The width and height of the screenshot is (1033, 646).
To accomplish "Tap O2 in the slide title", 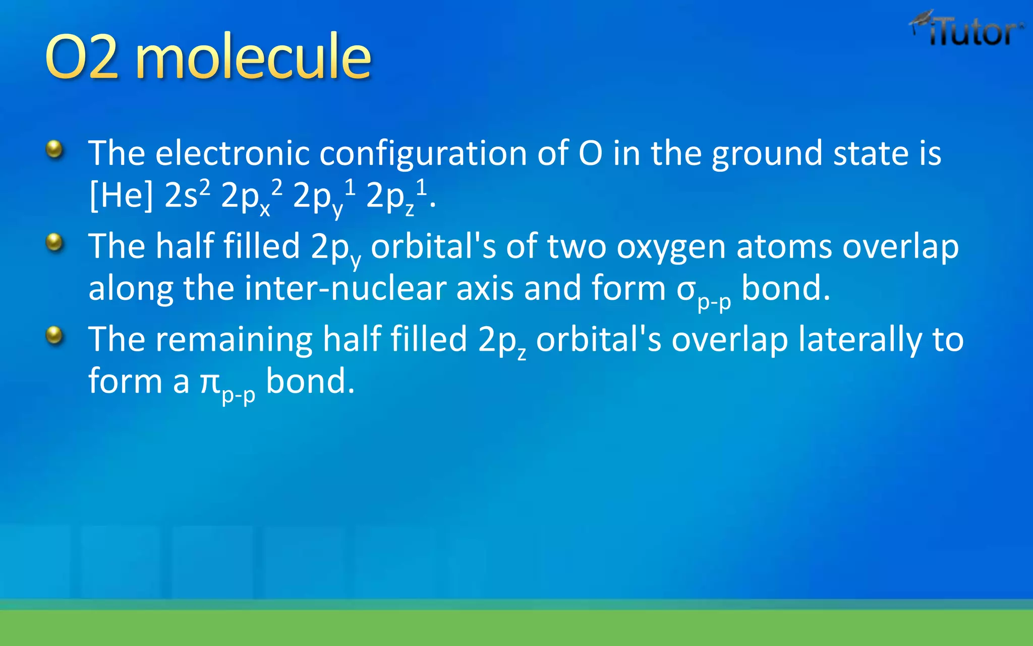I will [82, 57].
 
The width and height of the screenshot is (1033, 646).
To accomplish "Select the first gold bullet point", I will [54, 150].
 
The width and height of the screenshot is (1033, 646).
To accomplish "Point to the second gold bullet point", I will [54, 243].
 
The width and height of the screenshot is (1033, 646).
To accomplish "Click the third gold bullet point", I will [54, 336].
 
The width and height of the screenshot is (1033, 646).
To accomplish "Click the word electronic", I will [233, 153].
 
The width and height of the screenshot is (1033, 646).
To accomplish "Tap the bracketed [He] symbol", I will [121, 195].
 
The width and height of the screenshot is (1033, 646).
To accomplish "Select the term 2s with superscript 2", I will [187, 194].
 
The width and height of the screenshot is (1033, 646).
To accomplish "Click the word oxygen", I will [671, 247].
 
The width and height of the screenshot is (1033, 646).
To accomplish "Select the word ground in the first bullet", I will [767, 154].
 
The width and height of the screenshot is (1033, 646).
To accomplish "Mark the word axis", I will [485, 288].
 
